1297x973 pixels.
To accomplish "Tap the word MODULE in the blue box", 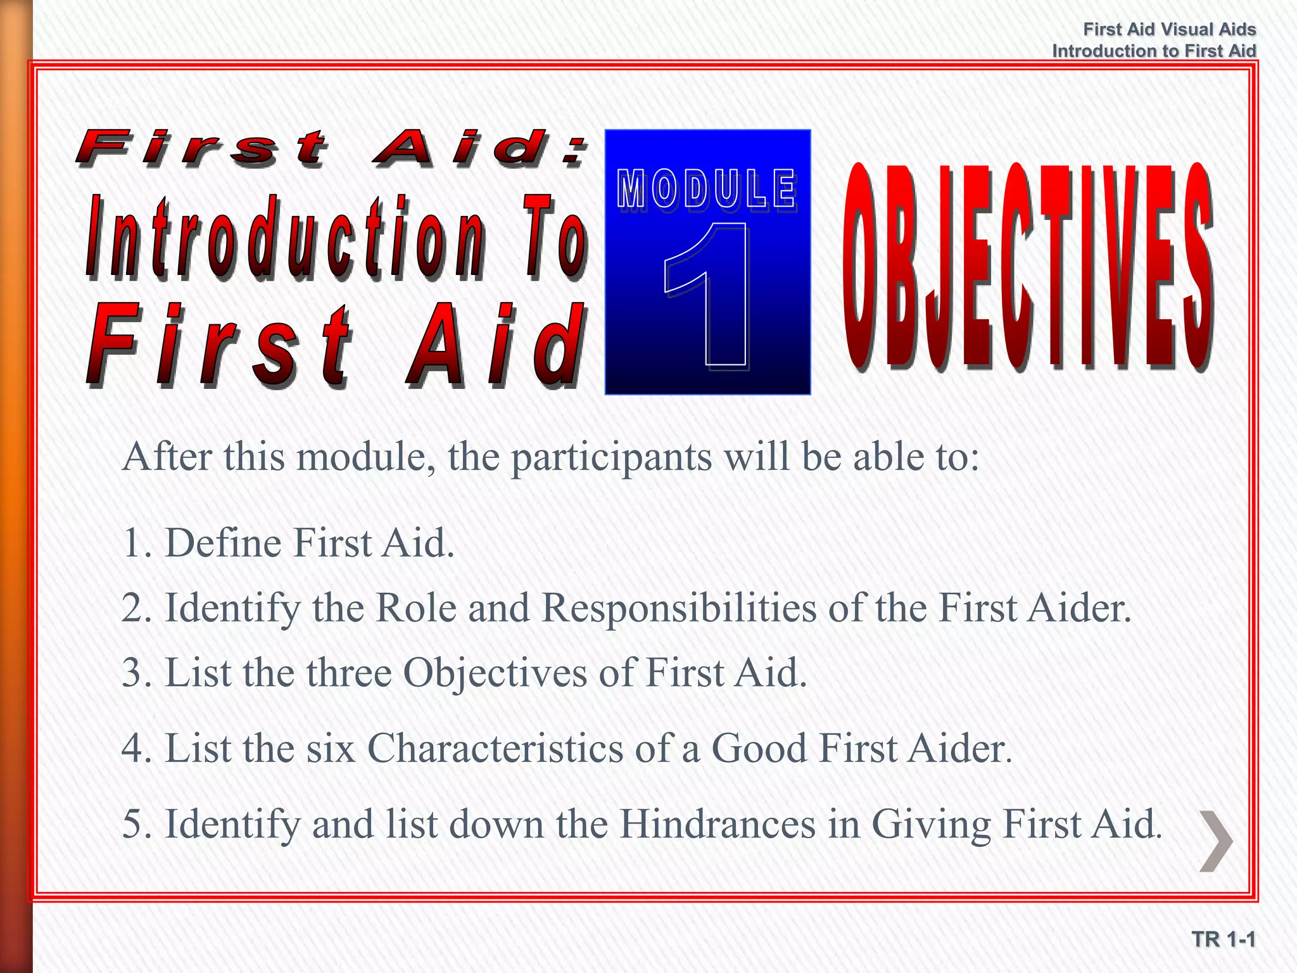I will click(x=707, y=189).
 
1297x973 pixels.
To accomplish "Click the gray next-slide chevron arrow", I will click(x=1217, y=841).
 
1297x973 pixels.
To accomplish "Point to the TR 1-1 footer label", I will click(x=1223, y=939).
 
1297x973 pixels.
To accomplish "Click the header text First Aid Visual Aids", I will click(x=1169, y=29).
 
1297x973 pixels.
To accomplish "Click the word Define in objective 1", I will click(x=222, y=543).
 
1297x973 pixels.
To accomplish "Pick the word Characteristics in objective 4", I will click(x=495, y=748).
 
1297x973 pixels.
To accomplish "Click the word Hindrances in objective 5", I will click(x=718, y=824).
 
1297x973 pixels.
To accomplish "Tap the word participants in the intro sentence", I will click(x=611, y=457).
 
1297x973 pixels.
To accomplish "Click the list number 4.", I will click(x=134, y=748).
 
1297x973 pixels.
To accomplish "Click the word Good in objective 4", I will click(x=759, y=748).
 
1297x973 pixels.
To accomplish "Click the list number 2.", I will click(x=134, y=608).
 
